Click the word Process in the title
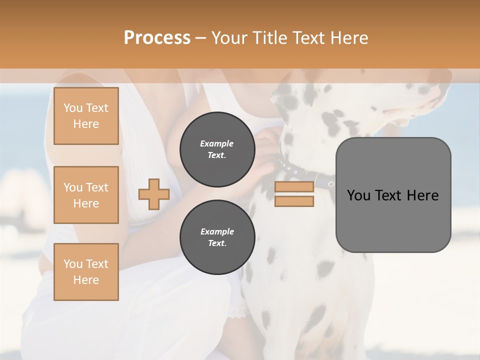[157, 37]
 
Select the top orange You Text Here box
[86, 116]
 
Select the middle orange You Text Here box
[86, 195]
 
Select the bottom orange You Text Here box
[86, 272]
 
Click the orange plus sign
[153, 194]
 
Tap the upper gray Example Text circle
[217, 149]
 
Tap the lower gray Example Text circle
[217, 237]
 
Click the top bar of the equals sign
[294, 186]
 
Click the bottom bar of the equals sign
[294, 201]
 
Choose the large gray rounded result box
[393, 220]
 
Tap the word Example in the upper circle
[217, 143]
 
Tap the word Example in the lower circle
[217, 231]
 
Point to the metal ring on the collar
[330, 183]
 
